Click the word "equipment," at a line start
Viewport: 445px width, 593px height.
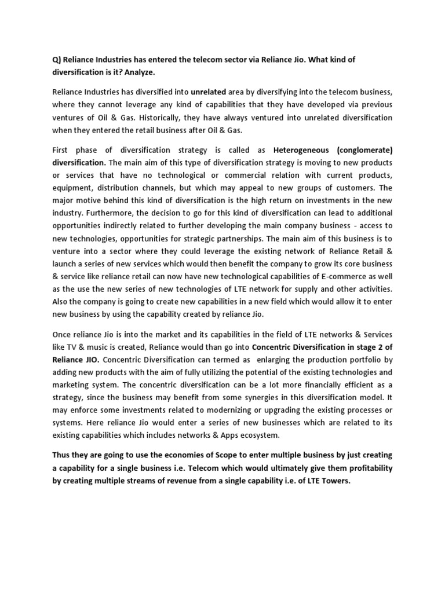coord(71,188)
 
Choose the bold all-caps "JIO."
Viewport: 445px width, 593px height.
coord(89,359)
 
